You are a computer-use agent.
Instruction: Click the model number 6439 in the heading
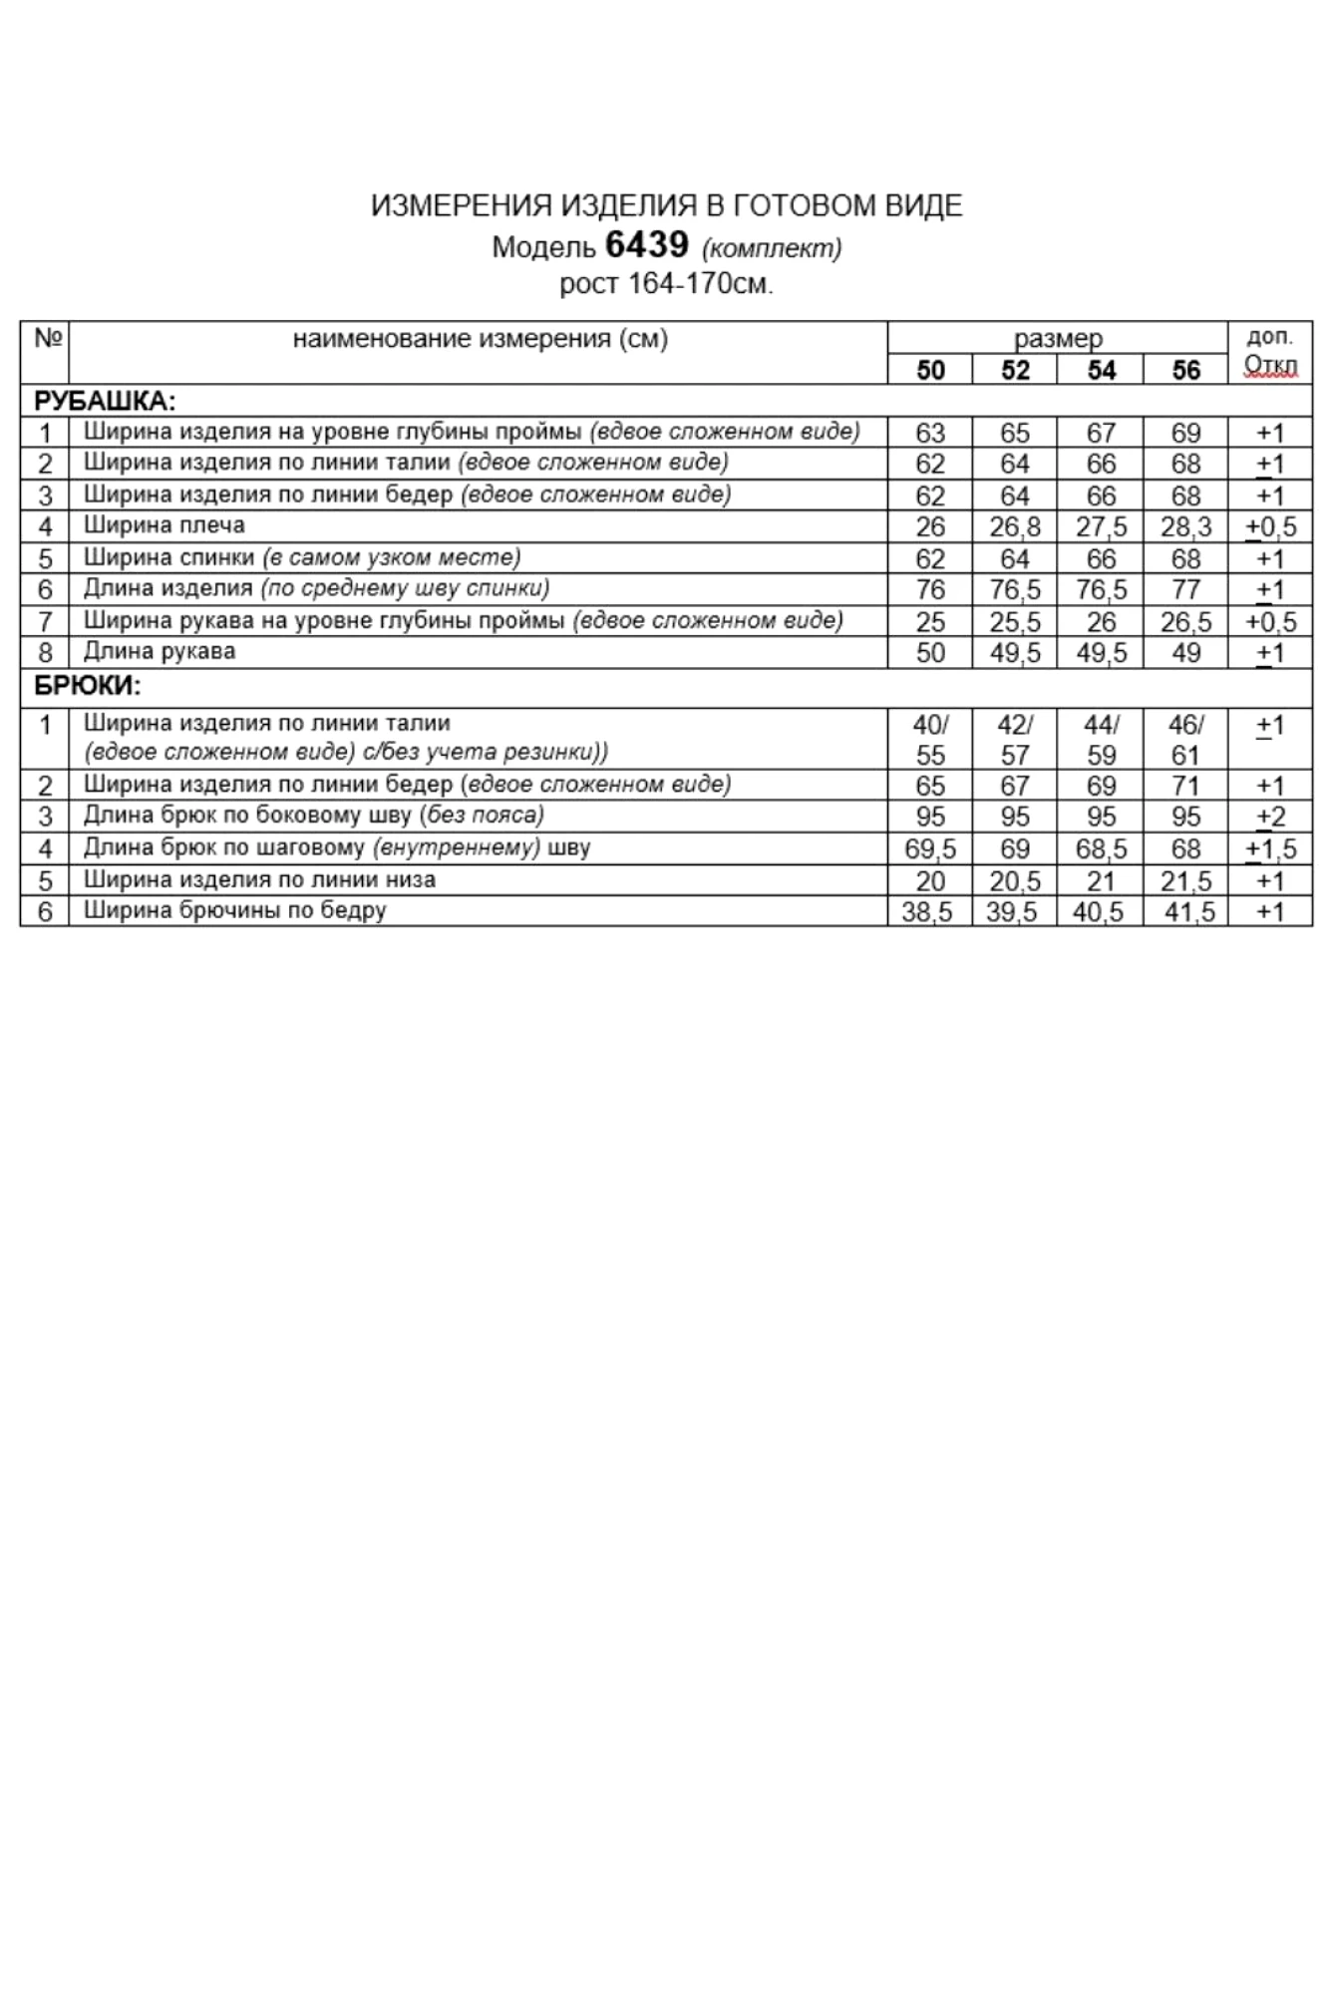click(x=646, y=244)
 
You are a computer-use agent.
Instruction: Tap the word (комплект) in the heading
click(x=772, y=247)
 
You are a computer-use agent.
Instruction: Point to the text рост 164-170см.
click(x=666, y=284)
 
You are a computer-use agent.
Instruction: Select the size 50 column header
click(x=929, y=370)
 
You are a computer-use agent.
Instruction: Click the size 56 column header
click(x=1185, y=370)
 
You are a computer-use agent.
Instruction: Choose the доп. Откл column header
click(x=1270, y=352)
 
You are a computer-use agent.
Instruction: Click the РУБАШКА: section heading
click(x=105, y=401)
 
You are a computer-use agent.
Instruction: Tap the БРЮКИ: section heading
click(x=88, y=685)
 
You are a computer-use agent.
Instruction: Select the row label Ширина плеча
click(x=165, y=525)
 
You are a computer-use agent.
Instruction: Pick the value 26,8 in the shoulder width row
click(x=1014, y=526)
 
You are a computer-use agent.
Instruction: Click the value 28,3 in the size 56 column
click(x=1185, y=526)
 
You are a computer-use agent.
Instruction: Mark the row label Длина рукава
click(x=160, y=652)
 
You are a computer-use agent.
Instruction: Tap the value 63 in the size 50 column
click(x=929, y=433)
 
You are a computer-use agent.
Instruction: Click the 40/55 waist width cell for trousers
click(x=929, y=739)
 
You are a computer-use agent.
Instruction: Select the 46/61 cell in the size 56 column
click(x=1185, y=739)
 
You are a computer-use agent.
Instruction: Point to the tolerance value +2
click(x=1270, y=817)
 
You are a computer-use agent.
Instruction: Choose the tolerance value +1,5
click(x=1270, y=848)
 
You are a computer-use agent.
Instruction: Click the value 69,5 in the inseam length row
click(x=929, y=848)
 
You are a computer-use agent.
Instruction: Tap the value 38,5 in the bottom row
click(x=927, y=911)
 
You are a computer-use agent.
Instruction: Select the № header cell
click(x=46, y=339)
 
